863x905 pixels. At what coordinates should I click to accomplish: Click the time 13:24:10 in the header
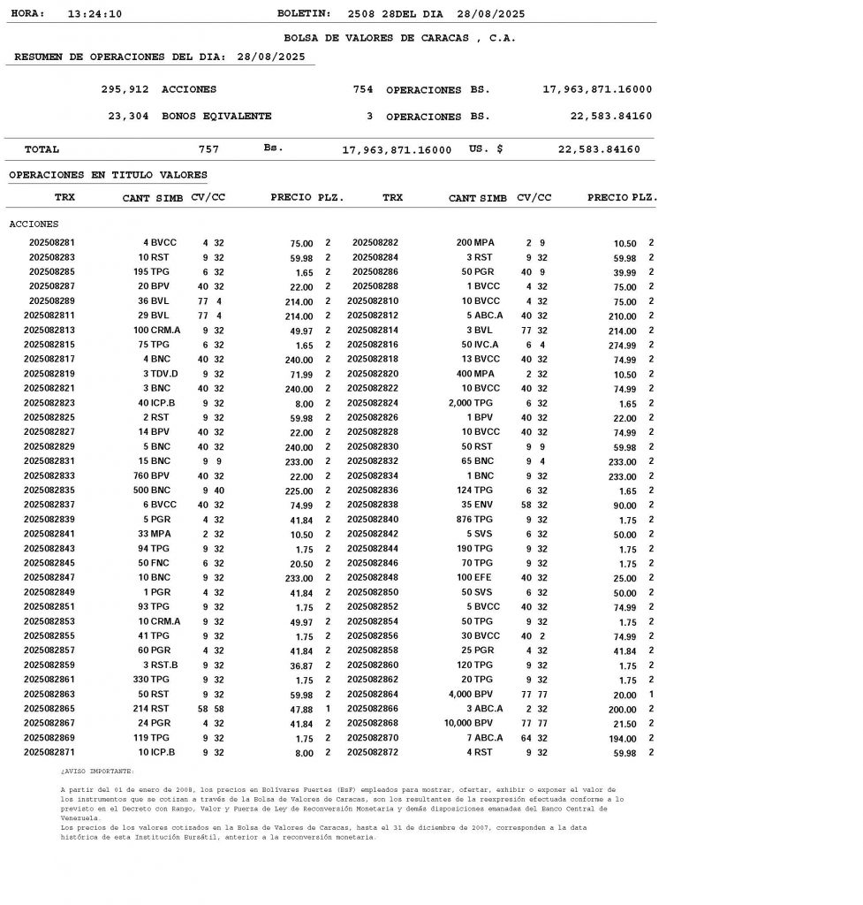point(95,14)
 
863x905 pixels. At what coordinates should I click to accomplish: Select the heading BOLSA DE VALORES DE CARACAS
point(399,38)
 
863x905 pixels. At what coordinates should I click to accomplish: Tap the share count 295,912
point(125,89)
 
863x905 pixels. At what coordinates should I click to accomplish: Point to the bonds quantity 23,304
point(128,116)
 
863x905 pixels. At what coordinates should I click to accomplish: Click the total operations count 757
point(208,149)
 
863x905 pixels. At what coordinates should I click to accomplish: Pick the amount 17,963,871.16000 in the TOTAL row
point(397,150)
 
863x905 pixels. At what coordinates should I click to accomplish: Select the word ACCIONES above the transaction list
point(34,224)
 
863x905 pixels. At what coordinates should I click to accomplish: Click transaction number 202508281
point(52,242)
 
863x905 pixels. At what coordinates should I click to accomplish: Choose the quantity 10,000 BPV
point(468,724)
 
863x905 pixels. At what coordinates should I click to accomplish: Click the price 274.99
point(620,345)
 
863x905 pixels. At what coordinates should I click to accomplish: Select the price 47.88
point(301,710)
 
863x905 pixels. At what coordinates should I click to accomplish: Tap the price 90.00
point(624,506)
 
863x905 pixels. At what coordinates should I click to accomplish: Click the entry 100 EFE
point(478,578)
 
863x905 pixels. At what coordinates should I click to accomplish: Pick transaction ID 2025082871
point(49,753)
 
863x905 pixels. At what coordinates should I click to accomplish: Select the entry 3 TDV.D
point(160,374)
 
